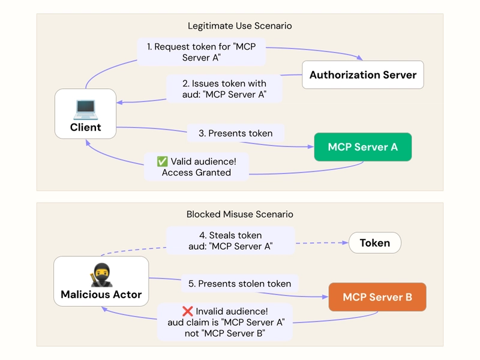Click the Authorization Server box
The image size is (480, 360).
[362, 75]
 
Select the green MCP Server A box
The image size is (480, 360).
[362, 147]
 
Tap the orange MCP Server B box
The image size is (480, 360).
[377, 297]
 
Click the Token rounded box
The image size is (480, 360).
[374, 243]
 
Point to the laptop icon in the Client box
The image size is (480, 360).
[85, 109]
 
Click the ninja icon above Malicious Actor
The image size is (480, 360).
[101, 275]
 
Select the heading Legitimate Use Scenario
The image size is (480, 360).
[240, 26]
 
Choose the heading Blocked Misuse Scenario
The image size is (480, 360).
[240, 214]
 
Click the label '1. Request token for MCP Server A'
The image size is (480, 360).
[201, 52]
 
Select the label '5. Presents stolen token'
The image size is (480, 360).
[239, 283]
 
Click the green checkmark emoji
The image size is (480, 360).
[162, 161]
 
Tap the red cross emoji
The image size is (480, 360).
[187, 311]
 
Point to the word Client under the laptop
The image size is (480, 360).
[85, 127]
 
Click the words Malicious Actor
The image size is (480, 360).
[101, 295]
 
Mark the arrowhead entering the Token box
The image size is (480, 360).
[345, 243]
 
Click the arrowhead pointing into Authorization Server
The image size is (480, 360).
[359, 58]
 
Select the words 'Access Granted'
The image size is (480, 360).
[196, 173]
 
